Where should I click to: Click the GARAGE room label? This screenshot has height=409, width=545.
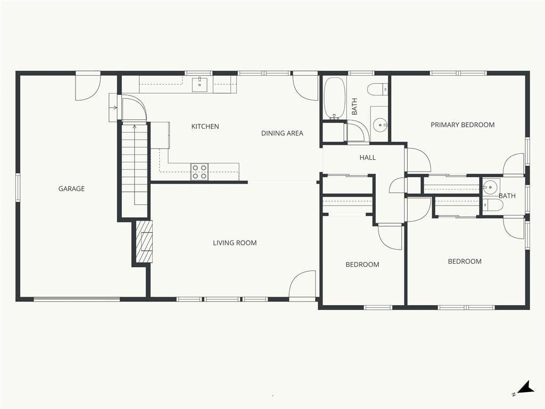click(x=71, y=189)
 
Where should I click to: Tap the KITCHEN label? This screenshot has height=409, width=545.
click(x=205, y=126)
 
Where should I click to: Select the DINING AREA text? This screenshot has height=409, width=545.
click(x=282, y=133)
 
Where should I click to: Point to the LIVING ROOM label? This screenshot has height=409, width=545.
click(x=235, y=243)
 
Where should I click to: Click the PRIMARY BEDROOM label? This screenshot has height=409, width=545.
click(x=463, y=125)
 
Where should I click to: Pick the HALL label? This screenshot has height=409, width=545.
click(x=367, y=158)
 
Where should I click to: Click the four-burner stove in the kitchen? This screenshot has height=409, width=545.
click(x=200, y=172)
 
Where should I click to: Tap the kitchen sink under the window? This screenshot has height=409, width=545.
click(x=200, y=85)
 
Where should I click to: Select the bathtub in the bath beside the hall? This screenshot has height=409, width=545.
click(x=335, y=98)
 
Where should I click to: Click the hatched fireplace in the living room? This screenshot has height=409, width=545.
click(x=144, y=241)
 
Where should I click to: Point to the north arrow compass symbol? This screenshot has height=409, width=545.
click(x=524, y=388)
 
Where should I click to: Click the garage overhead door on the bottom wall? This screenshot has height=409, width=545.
click(x=77, y=299)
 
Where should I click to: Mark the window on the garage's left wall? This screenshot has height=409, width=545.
click(x=18, y=187)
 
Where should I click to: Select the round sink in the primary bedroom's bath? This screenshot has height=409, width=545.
click(x=490, y=187)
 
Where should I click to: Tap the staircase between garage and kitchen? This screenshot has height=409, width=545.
click(x=135, y=168)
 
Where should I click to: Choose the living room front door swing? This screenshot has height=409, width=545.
click(x=302, y=284)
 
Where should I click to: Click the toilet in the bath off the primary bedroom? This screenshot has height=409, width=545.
click(x=493, y=205)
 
